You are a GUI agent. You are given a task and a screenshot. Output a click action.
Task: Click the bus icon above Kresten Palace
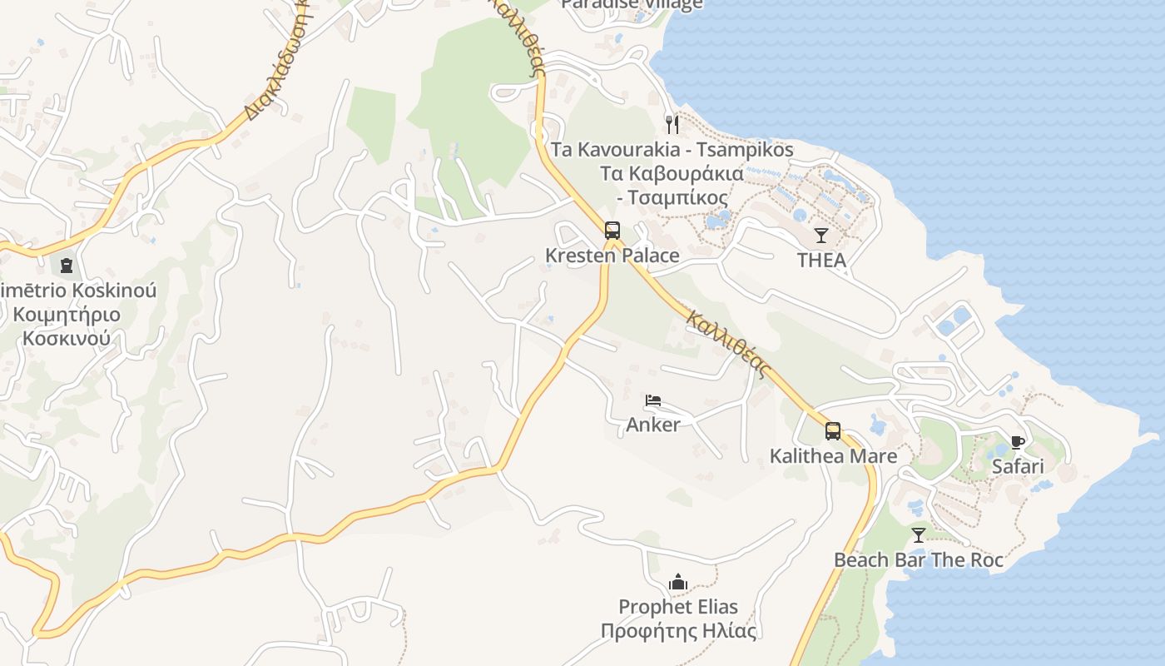tap(612, 231)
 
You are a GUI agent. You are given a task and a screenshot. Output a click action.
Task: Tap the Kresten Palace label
tap(612, 256)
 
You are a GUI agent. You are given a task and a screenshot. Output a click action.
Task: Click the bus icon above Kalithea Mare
tap(833, 431)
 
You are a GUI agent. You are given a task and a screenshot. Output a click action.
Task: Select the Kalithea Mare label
tap(833, 456)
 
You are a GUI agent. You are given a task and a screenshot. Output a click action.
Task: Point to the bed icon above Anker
tap(653, 400)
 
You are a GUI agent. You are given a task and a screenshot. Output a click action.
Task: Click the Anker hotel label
tap(653, 425)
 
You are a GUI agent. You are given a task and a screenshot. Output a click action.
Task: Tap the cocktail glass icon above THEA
tap(821, 236)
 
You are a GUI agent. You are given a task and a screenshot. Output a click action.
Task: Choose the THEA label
tap(821, 261)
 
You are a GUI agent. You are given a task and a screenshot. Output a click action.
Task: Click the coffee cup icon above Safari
tap(1017, 442)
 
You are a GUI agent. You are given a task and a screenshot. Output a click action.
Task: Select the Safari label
tap(1017, 466)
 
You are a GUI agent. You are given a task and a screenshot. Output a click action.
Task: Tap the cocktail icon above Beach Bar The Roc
tap(919, 535)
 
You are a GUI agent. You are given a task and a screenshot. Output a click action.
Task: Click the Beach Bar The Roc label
tap(919, 560)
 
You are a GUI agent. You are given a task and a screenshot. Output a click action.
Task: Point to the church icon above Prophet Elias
tap(678, 582)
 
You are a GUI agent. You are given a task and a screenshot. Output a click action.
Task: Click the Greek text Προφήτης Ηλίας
tap(679, 631)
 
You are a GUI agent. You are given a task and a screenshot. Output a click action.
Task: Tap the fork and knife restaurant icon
tap(672, 125)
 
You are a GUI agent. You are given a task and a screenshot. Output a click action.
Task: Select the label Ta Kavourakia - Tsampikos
tap(672, 151)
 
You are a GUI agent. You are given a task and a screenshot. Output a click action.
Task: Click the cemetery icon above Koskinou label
tap(66, 266)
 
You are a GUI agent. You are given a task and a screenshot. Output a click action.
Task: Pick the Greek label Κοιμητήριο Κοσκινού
tap(67, 326)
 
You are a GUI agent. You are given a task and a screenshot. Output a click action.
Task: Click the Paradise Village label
tap(632, 4)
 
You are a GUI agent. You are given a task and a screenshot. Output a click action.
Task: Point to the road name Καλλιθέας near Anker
tap(728, 343)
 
